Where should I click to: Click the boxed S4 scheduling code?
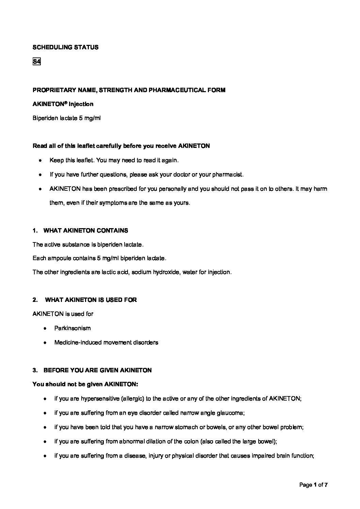pos(36,62)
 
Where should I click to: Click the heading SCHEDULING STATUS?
pos(65,48)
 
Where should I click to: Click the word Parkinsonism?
pos(72,328)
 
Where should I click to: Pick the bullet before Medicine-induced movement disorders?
pos(45,343)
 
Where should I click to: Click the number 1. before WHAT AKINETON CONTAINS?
pos(35,231)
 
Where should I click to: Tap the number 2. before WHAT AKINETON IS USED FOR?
pos(35,300)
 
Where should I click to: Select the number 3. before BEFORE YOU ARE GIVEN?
pos(35,370)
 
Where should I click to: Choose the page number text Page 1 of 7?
pos(313,485)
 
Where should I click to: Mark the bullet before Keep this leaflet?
pos(40,160)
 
